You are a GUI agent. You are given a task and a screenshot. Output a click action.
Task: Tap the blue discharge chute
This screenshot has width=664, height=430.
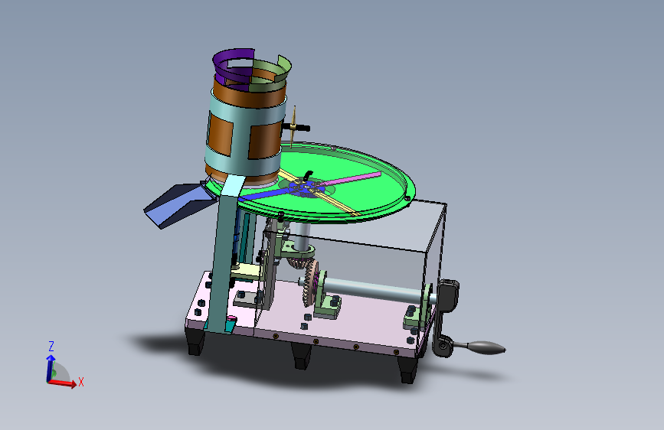click(178, 204)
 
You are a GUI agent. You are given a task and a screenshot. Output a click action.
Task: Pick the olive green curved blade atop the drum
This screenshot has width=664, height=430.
click(271, 75)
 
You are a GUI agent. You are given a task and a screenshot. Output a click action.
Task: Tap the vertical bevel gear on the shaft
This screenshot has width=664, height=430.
click(310, 282)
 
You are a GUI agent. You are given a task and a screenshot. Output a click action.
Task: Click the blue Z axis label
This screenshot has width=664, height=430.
click(51, 347)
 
